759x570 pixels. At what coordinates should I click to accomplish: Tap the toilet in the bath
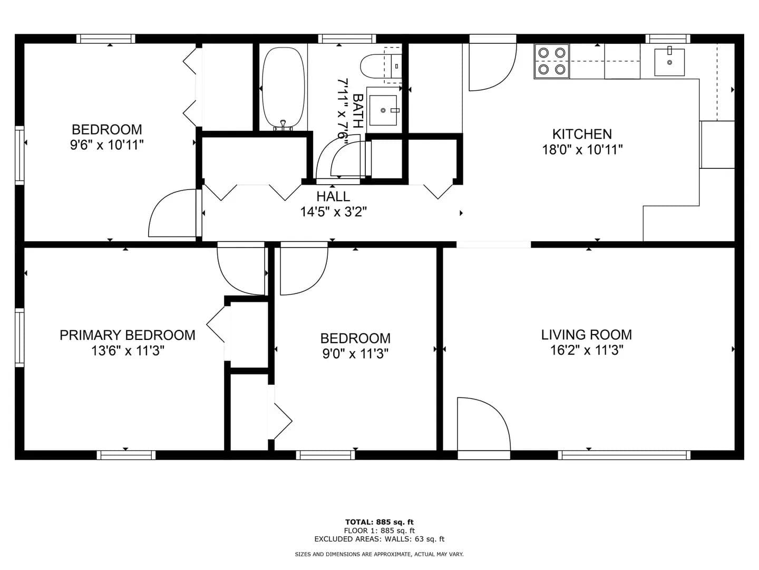[x=381, y=66]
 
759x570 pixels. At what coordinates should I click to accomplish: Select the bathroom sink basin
[x=383, y=110]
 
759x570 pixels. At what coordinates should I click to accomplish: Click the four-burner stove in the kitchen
[x=551, y=61]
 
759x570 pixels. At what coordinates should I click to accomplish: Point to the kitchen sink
[x=669, y=62]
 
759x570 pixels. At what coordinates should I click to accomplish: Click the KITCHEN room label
[x=582, y=134]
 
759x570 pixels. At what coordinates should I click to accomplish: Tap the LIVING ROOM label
[x=587, y=335]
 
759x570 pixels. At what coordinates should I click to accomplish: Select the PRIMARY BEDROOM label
[x=128, y=335]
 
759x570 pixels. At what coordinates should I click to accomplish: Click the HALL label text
[x=333, y=196]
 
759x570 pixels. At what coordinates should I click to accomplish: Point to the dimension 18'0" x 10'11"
[x=582, y=150]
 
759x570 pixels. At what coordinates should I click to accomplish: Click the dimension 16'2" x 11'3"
[x=587, y=350]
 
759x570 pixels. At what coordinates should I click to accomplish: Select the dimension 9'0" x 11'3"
[x=355, y=354]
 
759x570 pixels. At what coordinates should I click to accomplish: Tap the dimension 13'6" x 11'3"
[x=128, y=351]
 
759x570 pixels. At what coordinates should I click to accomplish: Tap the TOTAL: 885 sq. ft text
[x=379, y=522]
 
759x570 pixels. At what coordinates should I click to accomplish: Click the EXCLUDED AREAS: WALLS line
[x=379, y=539]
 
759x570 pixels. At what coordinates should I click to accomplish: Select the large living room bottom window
[x=624, y=455]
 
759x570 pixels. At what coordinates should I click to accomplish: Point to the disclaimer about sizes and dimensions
[x=379, y=554]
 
